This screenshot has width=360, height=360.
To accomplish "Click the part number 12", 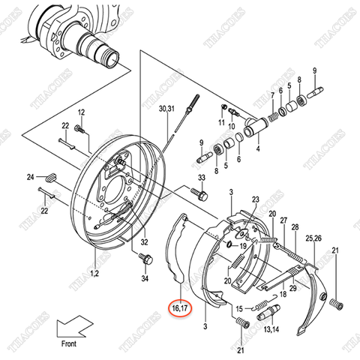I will (x=82, y=112).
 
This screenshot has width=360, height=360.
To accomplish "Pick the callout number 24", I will (x=31, y=177).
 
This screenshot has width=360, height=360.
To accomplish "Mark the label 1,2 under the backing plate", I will (x=94, y=274).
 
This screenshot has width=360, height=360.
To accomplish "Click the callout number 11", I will (x=222, y=121).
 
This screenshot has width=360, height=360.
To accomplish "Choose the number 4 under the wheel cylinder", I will (x=257, y=148).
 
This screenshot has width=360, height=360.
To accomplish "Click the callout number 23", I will (x=255, y=199).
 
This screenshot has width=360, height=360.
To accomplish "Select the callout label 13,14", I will (x=271, y=328).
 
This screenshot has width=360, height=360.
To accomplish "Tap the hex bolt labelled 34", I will (x=145, y=260).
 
